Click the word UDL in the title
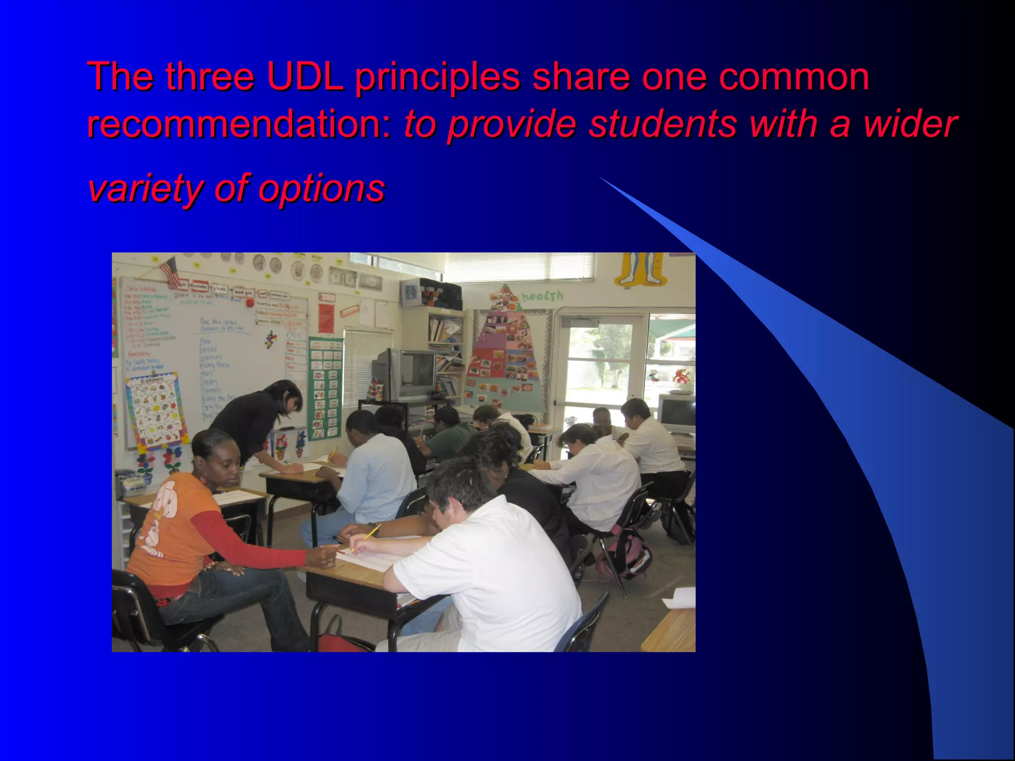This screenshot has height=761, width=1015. pyautogui.click(x=304, y=77)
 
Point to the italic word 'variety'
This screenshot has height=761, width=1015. pyautogui.click(x=144, y=188)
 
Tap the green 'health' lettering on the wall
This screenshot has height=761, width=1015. pyautogui.click(x=542, y=296)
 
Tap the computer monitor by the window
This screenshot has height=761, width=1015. pyautogui.click(x=677, y=414)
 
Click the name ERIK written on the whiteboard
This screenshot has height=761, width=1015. pyautogui.click(x=294, y=335)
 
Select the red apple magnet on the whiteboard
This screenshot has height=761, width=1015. pyautogui.click(x=250, y=302)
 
